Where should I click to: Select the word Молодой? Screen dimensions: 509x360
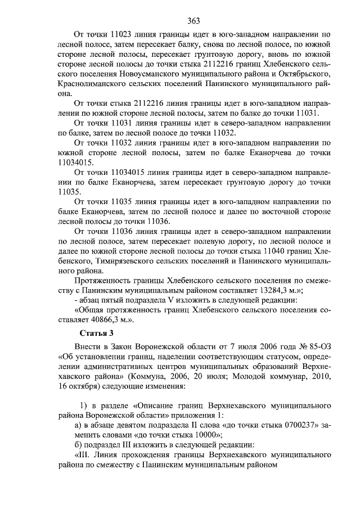(250, 377)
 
